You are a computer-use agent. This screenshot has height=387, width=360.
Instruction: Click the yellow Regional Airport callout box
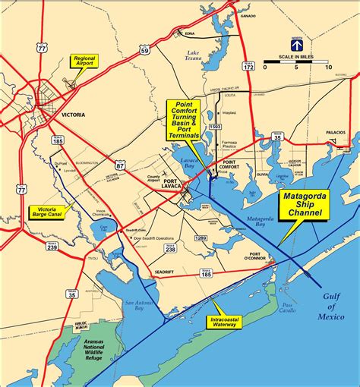tap(84, 61)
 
